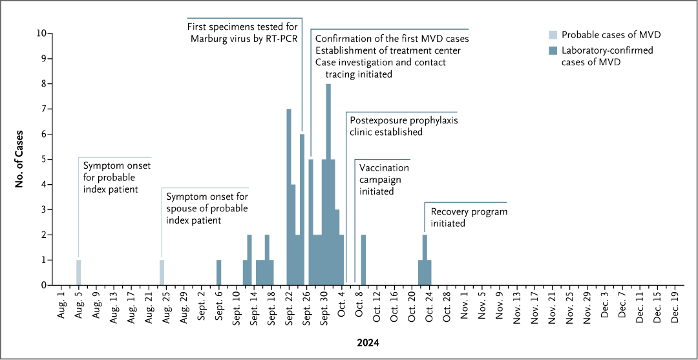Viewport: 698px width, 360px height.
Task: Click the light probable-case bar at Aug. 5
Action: point(79,272)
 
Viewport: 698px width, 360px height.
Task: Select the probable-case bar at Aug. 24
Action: point(162,272)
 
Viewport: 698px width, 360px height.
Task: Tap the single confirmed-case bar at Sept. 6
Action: point(219,272)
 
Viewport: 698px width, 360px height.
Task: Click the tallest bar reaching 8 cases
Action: point(328,184)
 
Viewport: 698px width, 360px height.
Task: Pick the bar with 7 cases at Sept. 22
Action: point(289,197)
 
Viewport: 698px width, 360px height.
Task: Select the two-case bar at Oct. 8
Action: point(363,260)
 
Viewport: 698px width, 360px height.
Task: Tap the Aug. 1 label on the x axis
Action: point(62,306)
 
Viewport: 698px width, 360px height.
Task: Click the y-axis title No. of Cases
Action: point(21,159)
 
